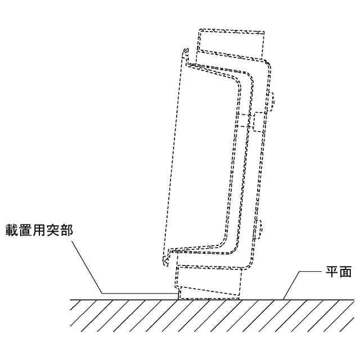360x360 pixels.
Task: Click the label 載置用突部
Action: (x=39, y=231)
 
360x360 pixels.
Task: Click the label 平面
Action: (x=339, y=273)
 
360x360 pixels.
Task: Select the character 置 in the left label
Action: (x=26, y=231)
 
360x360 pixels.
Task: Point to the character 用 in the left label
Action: (x=39, y=231)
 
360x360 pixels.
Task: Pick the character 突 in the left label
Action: (x=53, y=231)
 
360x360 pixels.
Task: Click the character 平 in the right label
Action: (x=332, y=273)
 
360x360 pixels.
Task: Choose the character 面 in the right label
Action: (x=346, y=273)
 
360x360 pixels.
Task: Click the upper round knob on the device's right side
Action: (x=272, y=101)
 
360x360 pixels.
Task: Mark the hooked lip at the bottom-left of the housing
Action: (x=165, y=260)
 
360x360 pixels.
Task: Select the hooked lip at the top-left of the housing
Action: (x=184, y=54)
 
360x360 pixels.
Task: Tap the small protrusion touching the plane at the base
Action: (x=178, y=293)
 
